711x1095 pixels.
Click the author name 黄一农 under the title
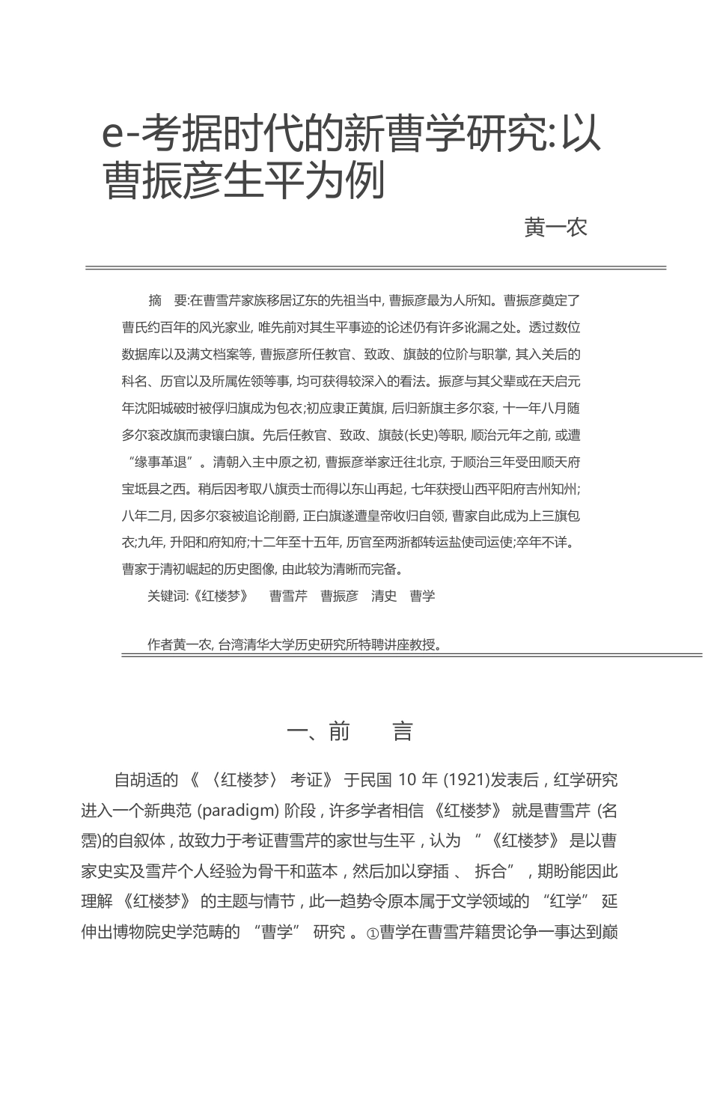tap(555, 228)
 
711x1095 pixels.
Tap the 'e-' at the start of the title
tap(120, 136)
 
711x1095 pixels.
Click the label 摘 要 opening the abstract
tap(168, 301)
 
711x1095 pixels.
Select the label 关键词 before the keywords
tap(166, 596)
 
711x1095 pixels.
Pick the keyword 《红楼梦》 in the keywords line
tap(220, 596)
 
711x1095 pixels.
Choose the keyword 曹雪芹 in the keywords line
tap(288, 596)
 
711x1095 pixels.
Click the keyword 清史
tap(384, 596)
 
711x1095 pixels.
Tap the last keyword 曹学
tap(423, 596)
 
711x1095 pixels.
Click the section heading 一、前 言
tap(350, 731)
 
